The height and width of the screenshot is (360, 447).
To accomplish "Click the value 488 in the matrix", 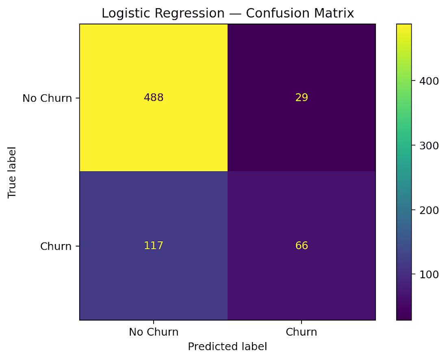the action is pyautogui.click(x=154, y=98).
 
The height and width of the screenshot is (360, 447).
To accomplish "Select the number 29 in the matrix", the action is pyautogui.click(x=302, y=98).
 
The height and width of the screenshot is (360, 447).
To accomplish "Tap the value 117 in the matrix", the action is pyautogui.click(x=154, y=246).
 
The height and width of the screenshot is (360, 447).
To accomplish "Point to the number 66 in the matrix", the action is pyautogui.click(x=302, y=246).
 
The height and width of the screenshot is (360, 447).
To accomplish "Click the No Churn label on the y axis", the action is pyautogui.click(x=47, y=98).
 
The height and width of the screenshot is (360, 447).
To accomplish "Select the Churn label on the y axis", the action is pyautogui.click(x=56, y=246).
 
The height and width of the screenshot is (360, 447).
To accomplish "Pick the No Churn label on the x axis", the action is pyautogui.click(x=154, y=332).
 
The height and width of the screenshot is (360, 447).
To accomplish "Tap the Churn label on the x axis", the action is pyautogui.click(x=302, y=332).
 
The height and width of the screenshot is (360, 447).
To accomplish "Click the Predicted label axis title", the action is pyautogui.click(x=228, y=347).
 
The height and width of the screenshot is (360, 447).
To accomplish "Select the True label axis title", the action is pyautogui.click(x=12, y=172).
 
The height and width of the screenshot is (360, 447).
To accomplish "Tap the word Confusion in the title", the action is pyautogui.click(x=275, y=13).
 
